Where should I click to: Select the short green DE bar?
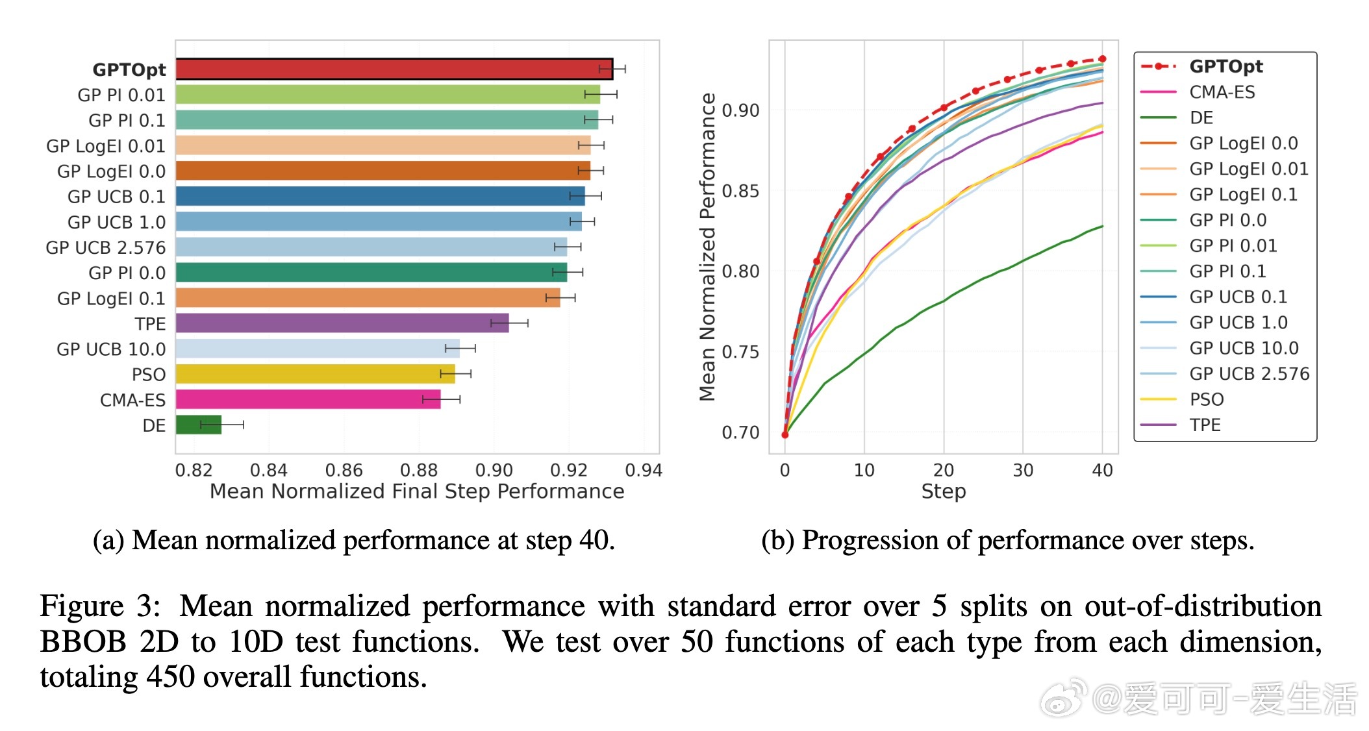point(199,425)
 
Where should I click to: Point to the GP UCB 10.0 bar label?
point(111,349)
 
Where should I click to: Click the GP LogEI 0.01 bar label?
point(106,146)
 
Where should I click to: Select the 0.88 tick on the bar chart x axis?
point(419,470)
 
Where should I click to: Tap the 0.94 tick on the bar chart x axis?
point(644,470)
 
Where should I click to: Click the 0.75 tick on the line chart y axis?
point(740,352)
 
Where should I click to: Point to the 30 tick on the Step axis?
point(1023,470)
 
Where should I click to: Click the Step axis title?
point(944,491)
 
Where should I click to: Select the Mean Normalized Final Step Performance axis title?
point(417,491)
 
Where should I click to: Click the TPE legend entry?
point(1205,425)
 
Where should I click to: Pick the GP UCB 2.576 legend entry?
point(1249,374)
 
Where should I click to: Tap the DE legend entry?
point(1201,118)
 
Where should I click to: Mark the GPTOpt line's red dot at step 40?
point(1103,59)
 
